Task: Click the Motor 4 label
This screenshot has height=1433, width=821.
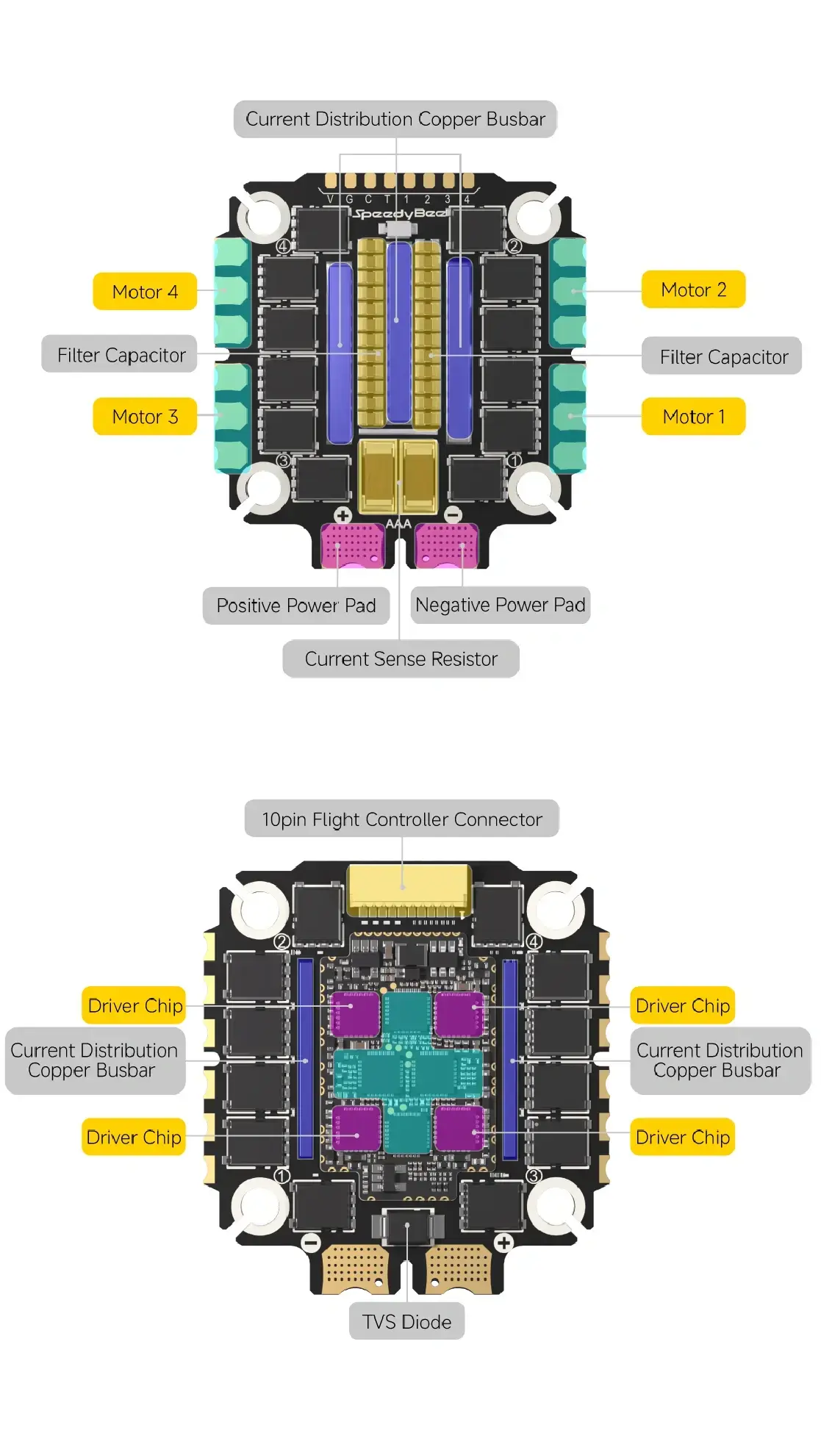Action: click(145, 292)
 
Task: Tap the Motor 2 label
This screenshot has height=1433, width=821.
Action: click(693, 290)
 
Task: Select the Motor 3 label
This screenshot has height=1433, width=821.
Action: click(145, 417)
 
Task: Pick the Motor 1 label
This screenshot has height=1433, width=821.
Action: click(693, 417)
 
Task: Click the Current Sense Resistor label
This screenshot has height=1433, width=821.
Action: click(401, 659)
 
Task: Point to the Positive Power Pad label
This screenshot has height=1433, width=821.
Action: click(295, 606)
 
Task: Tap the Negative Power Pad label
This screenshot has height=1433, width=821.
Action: click(500, 605)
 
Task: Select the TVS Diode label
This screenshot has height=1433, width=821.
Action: click(406, 1322)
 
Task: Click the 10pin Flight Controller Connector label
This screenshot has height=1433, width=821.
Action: click(401, 819)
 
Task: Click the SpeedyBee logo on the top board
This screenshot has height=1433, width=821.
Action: click(400, 214)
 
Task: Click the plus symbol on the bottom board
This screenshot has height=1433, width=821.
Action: click(503, 1243)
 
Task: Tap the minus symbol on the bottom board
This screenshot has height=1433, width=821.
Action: click(311, 1243)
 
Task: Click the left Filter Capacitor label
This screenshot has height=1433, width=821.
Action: click(121, 356)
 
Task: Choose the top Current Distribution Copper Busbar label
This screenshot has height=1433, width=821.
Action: click(395, 119)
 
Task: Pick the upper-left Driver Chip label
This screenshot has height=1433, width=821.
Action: click(135, 1005)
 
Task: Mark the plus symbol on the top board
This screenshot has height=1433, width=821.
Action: click(343, 515)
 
